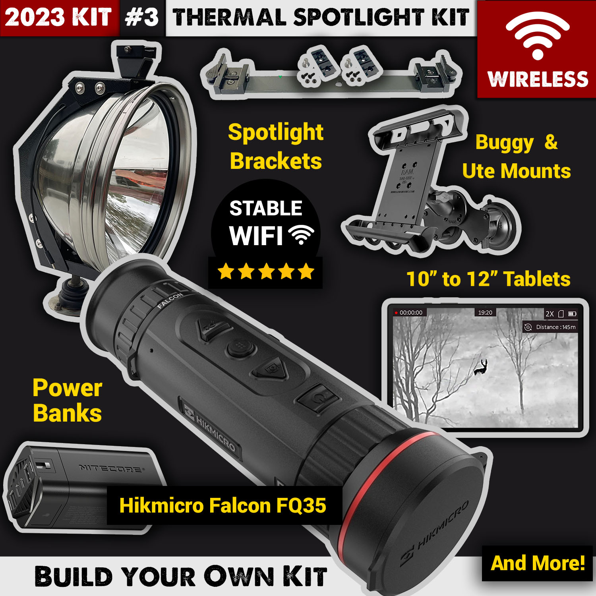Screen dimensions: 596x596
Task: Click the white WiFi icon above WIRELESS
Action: [537, 36]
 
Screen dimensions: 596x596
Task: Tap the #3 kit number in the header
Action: [142, 17]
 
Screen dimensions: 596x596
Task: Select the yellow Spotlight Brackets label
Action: [276, 146]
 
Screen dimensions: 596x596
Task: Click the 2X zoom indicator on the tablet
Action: [550, 313]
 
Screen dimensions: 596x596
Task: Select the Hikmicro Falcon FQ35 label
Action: [223, 505]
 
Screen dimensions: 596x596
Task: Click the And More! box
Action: [537, 563]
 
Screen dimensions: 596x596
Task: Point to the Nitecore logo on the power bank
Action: [111, 468]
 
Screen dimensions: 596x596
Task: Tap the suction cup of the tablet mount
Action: [501, 224]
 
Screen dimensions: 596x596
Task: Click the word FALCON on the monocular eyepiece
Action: [170, 300]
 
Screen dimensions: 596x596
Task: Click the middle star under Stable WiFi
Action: [266, 272]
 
